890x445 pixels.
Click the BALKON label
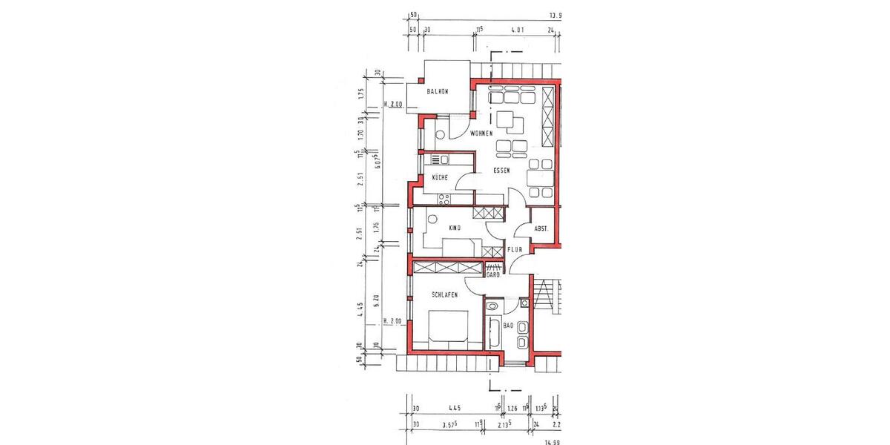[x=438, y=91]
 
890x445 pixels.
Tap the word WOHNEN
[x=482, y=133]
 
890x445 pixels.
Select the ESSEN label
[x=502, y=171]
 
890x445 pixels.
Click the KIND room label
[x=455, y=228]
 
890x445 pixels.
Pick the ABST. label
[x=541, y=229]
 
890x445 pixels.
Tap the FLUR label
[x=515, y=251]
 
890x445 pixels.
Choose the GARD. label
[x=491, y=275]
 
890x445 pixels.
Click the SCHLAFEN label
[x=444, y=294]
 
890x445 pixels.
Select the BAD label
[x=508, y=326]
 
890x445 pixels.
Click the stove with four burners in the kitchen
[x=444, y=198]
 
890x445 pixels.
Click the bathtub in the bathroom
[x=495, y=332]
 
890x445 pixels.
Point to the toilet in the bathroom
[x=492, y=306]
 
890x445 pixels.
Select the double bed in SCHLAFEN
[x=449, y=327]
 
